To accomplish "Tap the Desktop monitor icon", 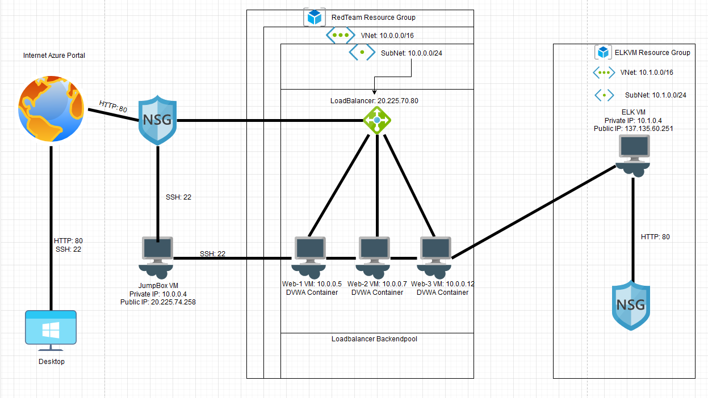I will [x=51, y=329].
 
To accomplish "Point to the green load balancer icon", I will [x=377, y=120].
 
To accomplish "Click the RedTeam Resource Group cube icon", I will [x=314, y=18].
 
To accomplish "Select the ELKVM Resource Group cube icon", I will [x=602, y=53].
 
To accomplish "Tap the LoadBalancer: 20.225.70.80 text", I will [x=375, y=100].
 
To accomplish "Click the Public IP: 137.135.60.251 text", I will [x=633, y=129].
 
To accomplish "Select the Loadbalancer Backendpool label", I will [x=377, y=339].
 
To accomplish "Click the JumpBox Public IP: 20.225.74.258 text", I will [x=157, y=302].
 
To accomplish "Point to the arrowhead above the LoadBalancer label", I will [x=374, y=92].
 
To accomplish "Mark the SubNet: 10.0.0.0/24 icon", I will [x=362, y=53].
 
